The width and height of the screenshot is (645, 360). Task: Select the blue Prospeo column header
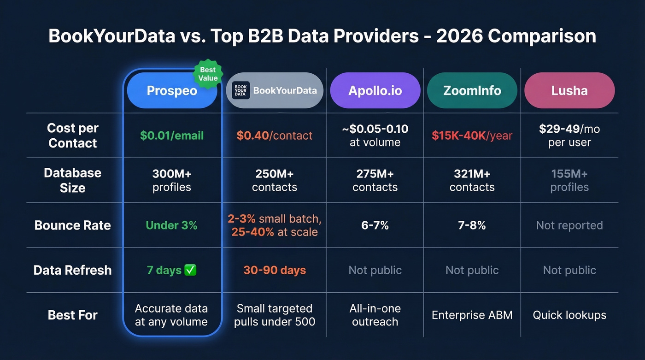pos(171,91)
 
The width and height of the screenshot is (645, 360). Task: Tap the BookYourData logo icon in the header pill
pos(240,90)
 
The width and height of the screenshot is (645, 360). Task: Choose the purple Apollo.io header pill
pos(375,91)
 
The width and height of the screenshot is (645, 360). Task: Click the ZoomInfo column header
pos(472,91)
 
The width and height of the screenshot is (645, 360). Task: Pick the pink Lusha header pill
pos(569,91)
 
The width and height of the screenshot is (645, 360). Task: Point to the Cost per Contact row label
pos(72,136)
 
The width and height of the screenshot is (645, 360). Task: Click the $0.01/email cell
pos(171,136)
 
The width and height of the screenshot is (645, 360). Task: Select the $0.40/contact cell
pos(275,136)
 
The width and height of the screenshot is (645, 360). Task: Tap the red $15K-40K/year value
pos(472,136)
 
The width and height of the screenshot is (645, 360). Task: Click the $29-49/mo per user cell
pos(569,136)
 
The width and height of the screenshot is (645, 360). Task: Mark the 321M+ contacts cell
pos(472,180)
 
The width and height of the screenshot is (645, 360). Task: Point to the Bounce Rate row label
pos(72,225)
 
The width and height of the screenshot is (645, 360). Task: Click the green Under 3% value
pos(171,225)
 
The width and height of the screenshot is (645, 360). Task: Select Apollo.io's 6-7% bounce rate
pos(375,225)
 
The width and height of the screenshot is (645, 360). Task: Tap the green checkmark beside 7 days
pos(190,270)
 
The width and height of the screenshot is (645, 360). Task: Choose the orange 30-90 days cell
pos(275,270)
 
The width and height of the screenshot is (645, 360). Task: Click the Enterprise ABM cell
pos(472,315)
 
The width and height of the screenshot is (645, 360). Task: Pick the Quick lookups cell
pos(569,315)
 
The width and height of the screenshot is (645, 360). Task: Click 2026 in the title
pos(459,36)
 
